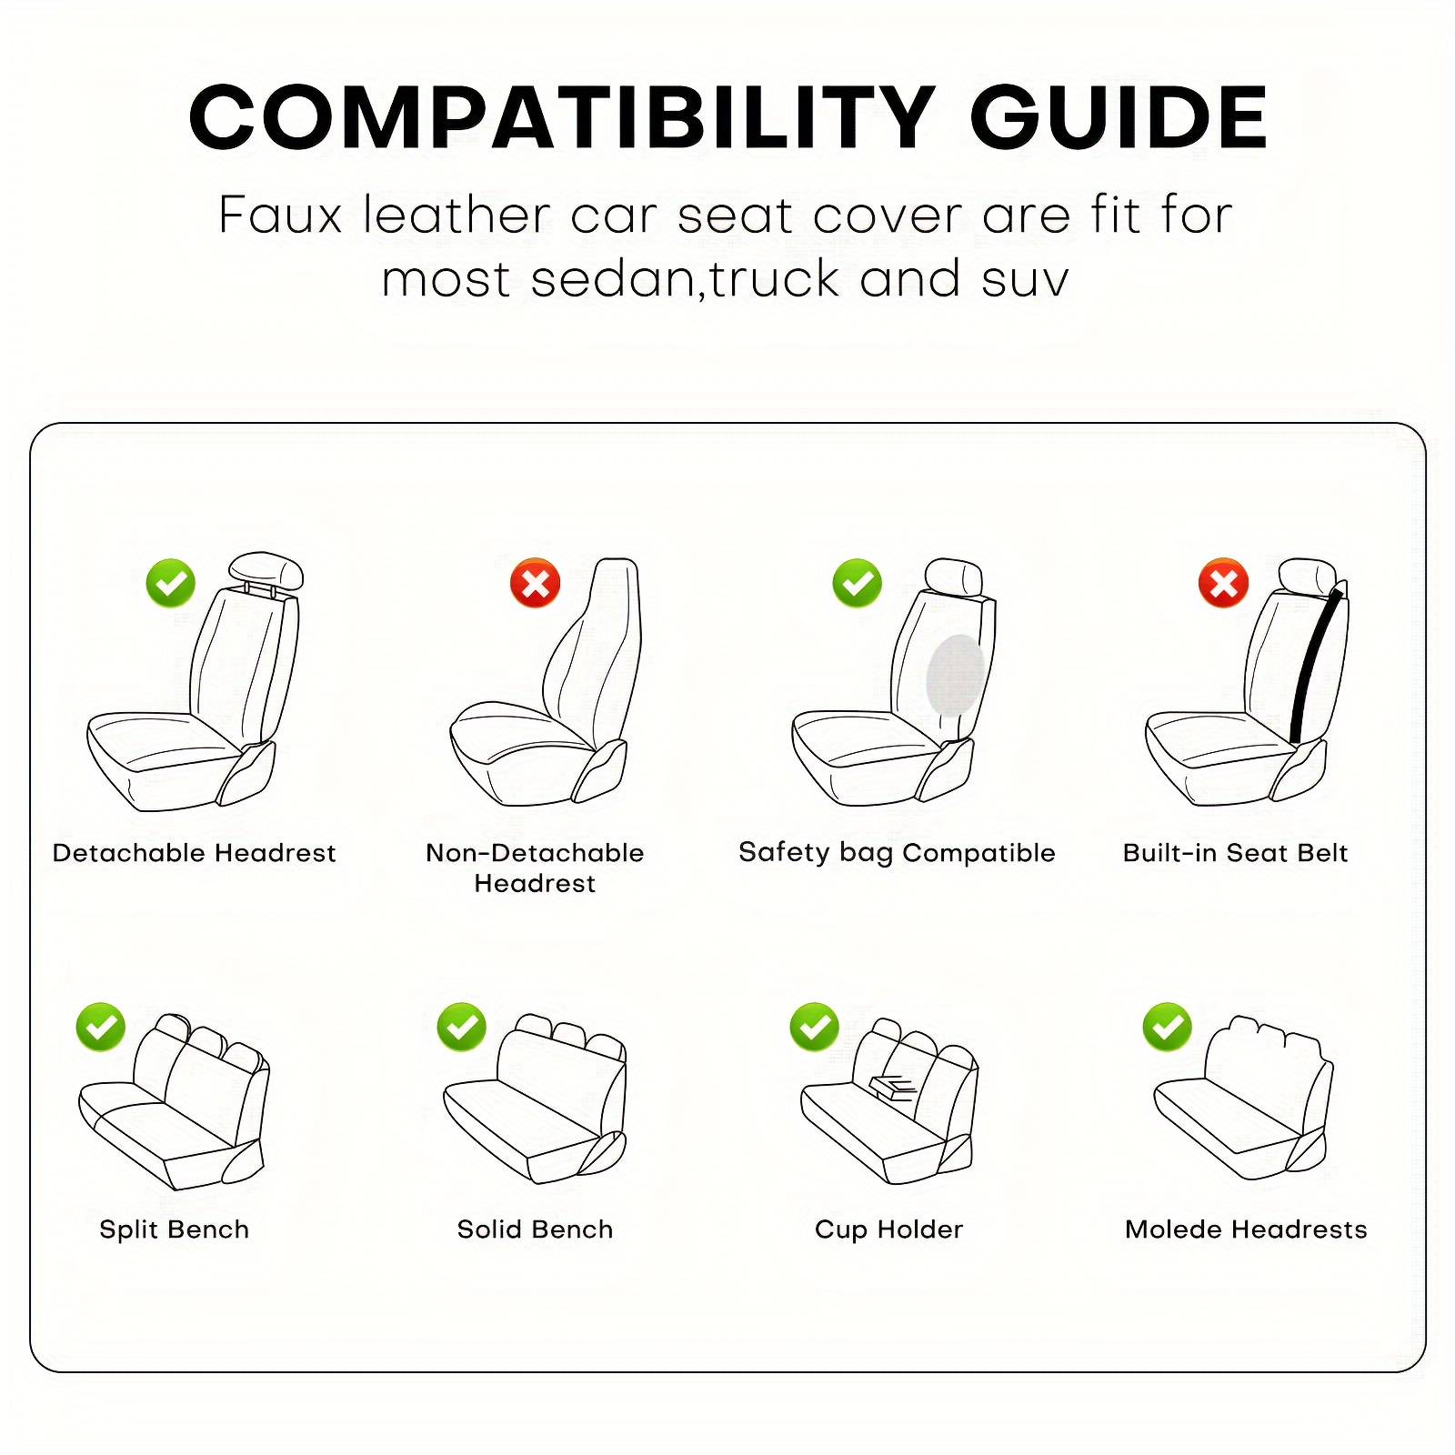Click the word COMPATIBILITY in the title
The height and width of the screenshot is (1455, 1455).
(562, 117)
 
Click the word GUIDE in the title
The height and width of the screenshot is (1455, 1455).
(1119, 117)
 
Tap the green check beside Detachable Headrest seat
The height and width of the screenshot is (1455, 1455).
(171, 583)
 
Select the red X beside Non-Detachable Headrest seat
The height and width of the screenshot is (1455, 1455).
(536, 583)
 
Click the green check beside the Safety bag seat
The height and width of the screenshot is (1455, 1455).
(858, 583)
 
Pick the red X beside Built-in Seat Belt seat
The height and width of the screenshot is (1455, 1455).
(1224, 583)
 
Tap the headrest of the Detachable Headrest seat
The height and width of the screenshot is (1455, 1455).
(266, 570)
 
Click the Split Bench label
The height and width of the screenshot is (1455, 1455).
(174, 1229)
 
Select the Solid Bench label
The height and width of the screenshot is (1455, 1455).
(535, 1229)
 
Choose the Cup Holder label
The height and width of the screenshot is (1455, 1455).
(888, 1230)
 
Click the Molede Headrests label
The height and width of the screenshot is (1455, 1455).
(1246, 1229)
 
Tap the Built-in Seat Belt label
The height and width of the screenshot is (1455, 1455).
(1235, 853)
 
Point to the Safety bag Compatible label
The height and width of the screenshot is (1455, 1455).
(897, 853)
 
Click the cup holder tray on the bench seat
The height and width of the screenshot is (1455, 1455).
(895, 1087)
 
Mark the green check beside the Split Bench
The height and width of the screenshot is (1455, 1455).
(101, 1028)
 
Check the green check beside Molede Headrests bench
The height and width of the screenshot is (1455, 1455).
(1168, 1028)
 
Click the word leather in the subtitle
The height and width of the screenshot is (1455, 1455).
(457, 216)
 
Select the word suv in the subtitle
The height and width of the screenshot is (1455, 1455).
(1026, 280)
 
